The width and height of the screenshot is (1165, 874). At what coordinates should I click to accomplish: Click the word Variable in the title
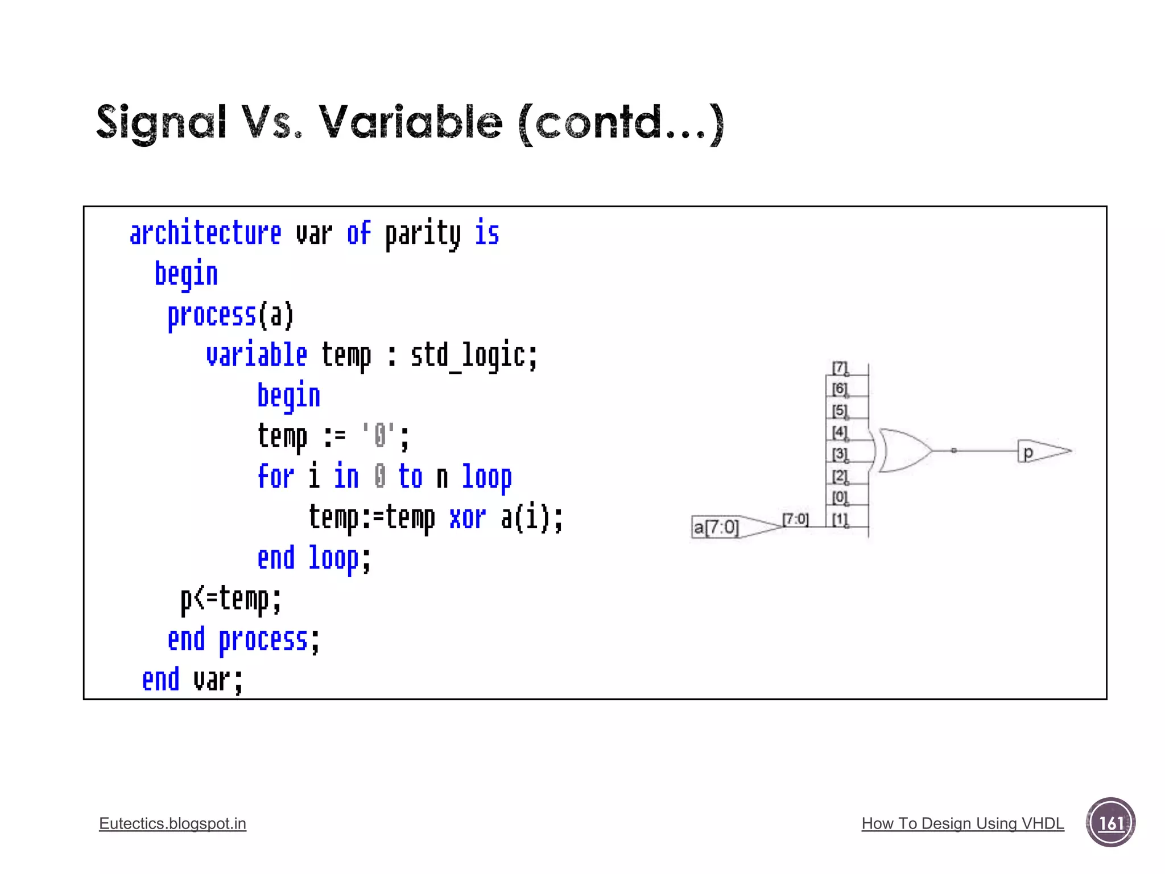coord(410,122)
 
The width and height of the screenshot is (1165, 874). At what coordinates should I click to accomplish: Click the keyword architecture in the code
coord(205,233)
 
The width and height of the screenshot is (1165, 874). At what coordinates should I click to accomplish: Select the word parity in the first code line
coord(423,234)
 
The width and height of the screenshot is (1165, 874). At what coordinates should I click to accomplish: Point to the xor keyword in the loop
coord(467,518)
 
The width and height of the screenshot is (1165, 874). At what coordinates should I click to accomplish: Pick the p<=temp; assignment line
coord(230,599)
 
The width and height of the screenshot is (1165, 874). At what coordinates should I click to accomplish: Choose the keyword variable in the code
coord(257,356)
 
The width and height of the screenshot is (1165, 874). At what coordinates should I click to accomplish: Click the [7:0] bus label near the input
coord(795,519)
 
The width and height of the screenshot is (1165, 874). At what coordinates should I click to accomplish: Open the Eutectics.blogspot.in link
coord(172,823)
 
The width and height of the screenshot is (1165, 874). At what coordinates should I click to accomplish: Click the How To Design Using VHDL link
coord(962,823)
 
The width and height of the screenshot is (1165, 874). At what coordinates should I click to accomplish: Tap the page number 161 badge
coord(1110,823)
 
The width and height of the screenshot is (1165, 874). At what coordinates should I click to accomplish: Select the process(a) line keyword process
coord(212,315)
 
